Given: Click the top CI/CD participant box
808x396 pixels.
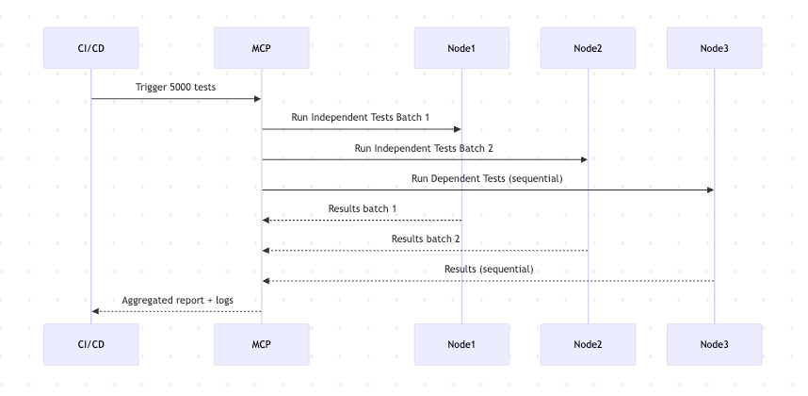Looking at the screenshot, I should click(91, 48).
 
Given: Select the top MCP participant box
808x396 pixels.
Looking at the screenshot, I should click(261, 48).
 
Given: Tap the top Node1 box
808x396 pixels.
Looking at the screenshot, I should click(461, 48).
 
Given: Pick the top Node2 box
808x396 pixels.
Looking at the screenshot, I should click(588, 48).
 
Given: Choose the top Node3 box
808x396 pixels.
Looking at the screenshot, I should click(714, 48).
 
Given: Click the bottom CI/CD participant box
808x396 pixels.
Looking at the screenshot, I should click(91, 345).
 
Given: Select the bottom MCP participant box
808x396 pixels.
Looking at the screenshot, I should click(261, 345).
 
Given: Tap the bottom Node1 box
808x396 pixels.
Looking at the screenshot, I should click(461, 345).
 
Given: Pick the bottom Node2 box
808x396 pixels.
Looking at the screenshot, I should click(588, 345).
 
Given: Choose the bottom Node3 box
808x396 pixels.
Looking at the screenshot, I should click(714, 345).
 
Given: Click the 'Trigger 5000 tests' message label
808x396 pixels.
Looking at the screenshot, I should click(176, 87).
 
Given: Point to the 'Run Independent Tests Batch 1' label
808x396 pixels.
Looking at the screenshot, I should click(362, 117).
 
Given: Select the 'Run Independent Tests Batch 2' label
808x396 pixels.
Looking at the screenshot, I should click(424, 148).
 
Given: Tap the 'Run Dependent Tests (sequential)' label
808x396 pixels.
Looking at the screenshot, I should click(487, 178).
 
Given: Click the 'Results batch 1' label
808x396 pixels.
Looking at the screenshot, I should click(362, 208).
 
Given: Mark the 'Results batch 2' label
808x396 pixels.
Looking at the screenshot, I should click(425, 239).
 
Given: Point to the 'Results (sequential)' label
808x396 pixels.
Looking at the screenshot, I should click(488, 269).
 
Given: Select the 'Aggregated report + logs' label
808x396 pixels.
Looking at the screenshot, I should click(176, 300).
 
